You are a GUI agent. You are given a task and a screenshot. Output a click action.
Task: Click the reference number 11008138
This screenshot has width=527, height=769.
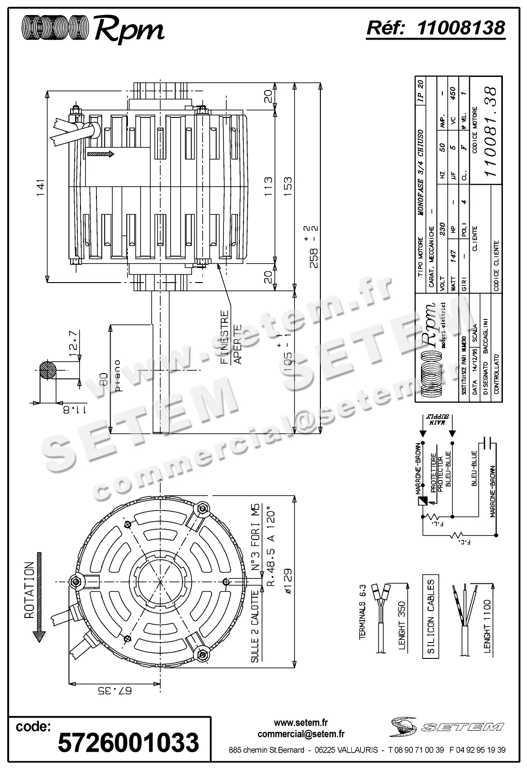pos(461,28)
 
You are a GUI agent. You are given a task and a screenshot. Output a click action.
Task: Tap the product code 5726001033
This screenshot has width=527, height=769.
pos(129,742)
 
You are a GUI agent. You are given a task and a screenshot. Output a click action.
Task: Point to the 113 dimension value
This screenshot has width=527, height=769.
pos(268,187)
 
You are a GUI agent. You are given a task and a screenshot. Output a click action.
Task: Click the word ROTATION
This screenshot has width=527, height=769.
pos(29,590)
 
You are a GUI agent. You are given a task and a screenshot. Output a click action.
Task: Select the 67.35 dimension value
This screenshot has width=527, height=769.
pos(115,691)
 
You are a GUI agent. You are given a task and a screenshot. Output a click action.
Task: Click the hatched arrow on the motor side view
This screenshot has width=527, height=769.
pos(101,154)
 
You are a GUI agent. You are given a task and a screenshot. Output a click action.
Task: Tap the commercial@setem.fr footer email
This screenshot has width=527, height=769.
pos(301,734)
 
